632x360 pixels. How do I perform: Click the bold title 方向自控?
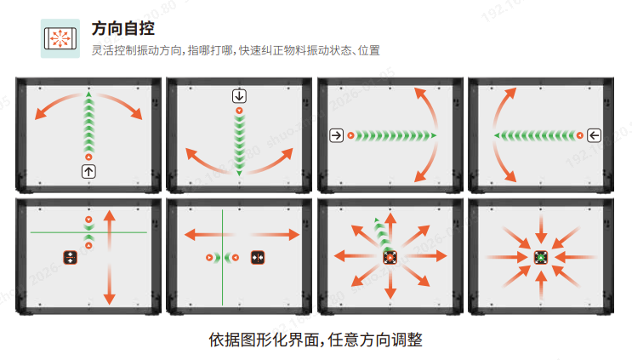pos(122,29)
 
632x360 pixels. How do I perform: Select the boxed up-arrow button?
pos(88,171)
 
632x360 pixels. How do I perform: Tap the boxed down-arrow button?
pos(239,95)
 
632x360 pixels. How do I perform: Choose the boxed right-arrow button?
pos(337,135)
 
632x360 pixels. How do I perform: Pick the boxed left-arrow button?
pos(593,135)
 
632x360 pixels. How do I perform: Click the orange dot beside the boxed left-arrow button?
pos(579,135)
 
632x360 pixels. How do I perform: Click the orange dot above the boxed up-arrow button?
pos(88,157)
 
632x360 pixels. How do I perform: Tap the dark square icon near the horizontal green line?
pos(70,256)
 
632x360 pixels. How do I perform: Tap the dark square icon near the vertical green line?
pos(258,256)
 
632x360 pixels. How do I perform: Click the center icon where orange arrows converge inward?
pos(540,256)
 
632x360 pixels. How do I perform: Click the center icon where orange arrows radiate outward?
pos(390,256)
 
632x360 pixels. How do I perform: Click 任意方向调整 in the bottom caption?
pos(376,340)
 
